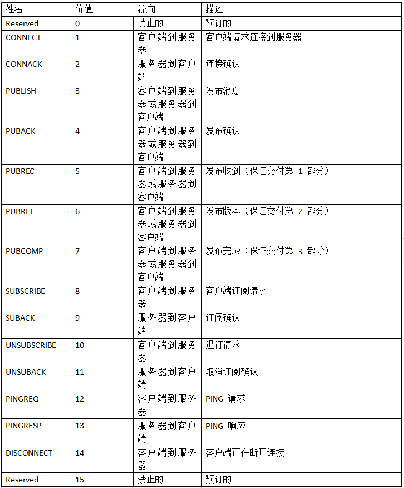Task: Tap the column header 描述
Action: click(x=215, y=10)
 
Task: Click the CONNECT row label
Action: click(x=23, y=37)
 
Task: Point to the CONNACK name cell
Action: click(x=24, y=64)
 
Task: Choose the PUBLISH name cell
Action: click(x=21, y=91)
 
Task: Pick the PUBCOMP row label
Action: click(x=24, y=251)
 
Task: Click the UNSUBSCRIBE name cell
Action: click(x=31, y=345)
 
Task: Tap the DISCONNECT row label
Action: click(x=29, y=453)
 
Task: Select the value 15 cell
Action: click(x=80, y=480)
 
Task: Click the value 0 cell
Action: click(x=77, y=23)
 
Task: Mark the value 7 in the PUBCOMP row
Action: click(x=77, y=251)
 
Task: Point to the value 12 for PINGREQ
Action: click(x=80, y=399)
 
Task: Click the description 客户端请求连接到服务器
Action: click(x=254, y=37)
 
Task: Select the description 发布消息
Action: click(x=223, y=91)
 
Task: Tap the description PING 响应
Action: click(x=226, y=426)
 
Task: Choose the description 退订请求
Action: click(x=223, y=345)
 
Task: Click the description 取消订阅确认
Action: click(x=232, y=372)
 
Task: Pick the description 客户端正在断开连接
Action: click(x=245, y=453)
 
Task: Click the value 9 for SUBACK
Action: click(x=77, y=318)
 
